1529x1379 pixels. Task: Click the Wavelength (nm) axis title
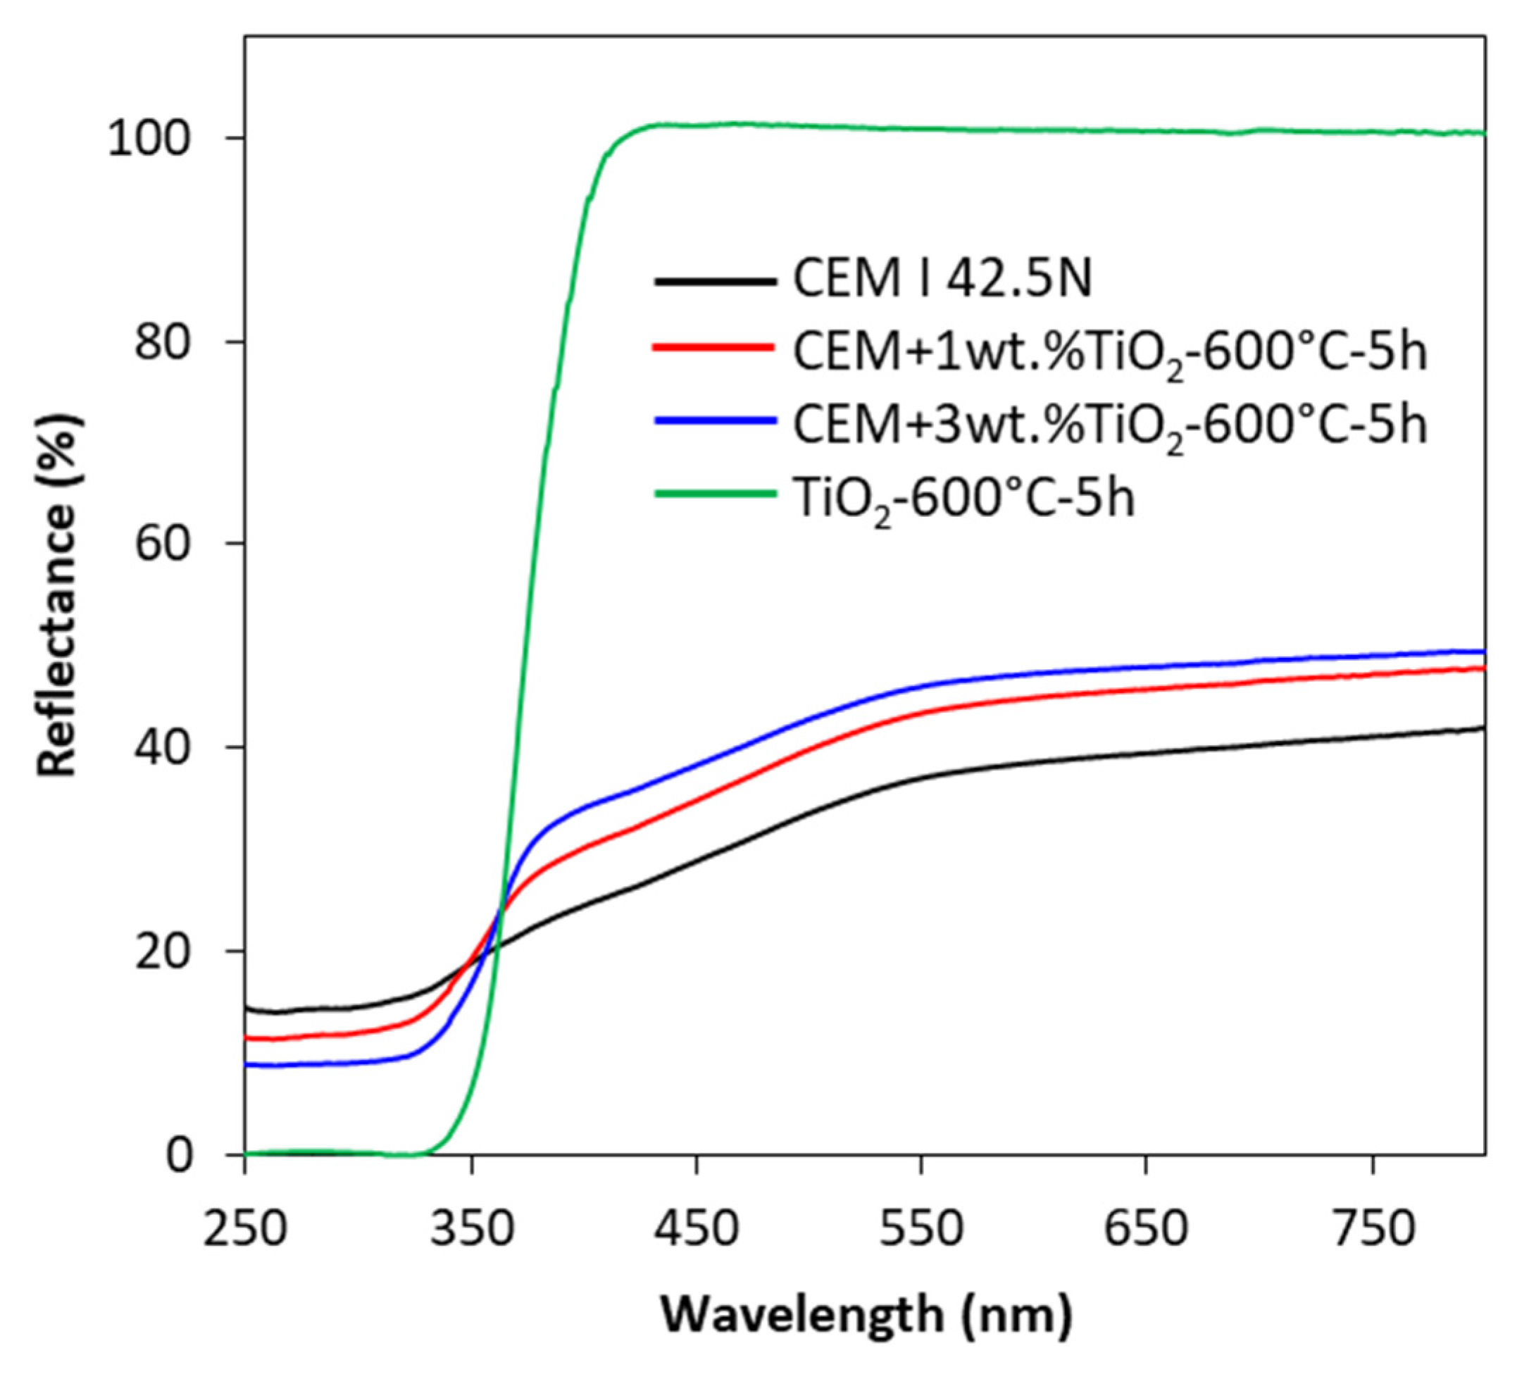coord(866,1315)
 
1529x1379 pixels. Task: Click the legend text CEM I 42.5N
coord(942,280)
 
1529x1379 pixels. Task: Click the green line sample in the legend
coord(714,494)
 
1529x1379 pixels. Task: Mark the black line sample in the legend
coord(714,282)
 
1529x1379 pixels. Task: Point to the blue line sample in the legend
coord(714,420)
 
